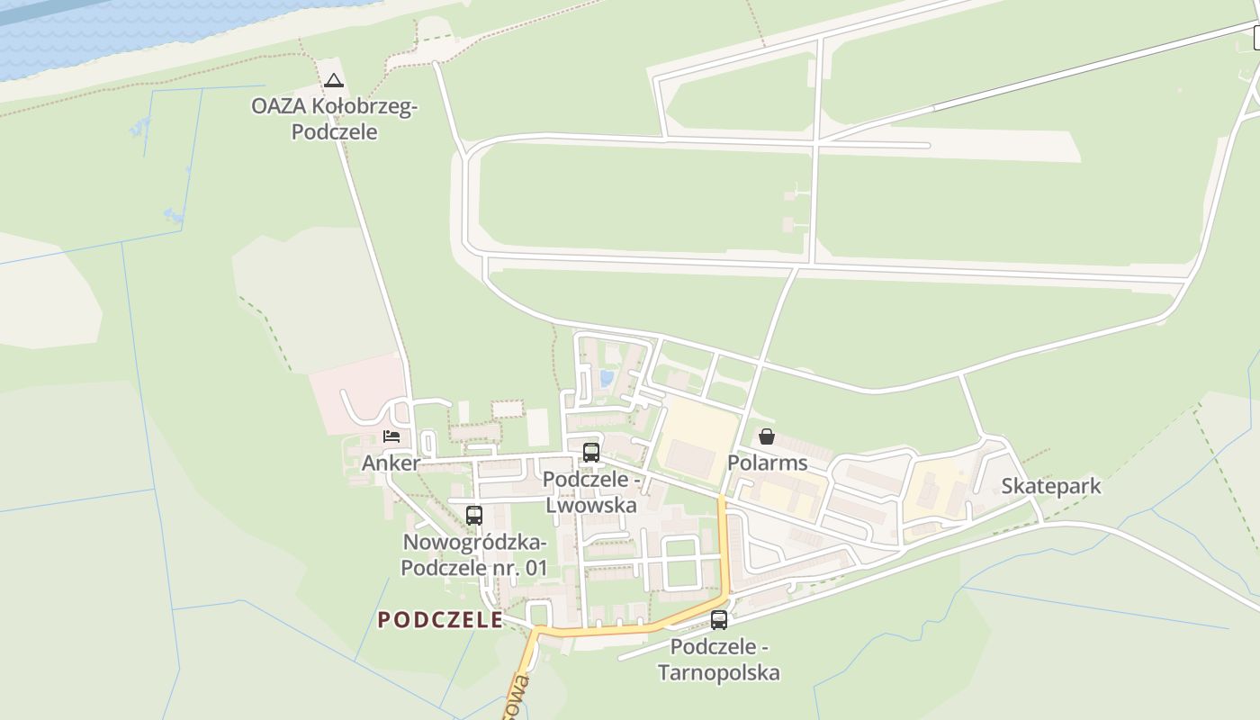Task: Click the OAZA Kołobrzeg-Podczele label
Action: [x=333, y=119]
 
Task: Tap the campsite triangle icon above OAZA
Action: [x=334, y=80]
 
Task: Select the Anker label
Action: [x=391, y=463]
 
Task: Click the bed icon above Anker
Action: [x=391, y=436]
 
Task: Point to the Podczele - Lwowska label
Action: [x=591, y=492]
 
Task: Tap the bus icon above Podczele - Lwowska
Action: [x=591, y=452]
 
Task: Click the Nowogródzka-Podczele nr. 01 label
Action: [x=474, y=555]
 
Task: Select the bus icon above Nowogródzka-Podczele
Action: [x=474, y=516]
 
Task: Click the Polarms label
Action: [x=767, y=463]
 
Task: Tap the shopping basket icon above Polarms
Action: [x=767, y=436]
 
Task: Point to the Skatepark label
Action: [x=1051, y=486]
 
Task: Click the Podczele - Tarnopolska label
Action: [x=719, y=660]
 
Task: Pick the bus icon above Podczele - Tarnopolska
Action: [x=719, y=619]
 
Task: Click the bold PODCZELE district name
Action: [x=440, y=619]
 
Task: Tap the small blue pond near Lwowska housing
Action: [x=607, y=379]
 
